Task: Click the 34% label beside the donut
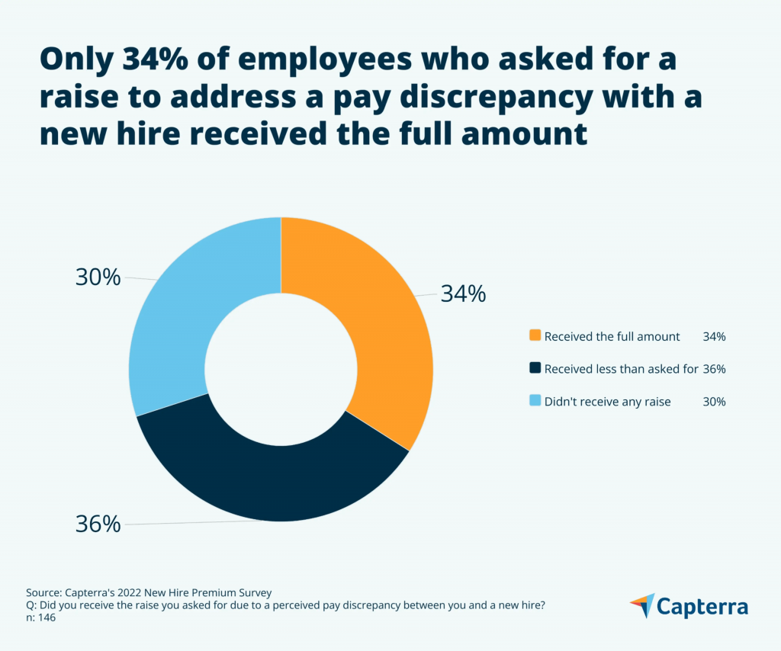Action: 463,294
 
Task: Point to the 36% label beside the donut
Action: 98,524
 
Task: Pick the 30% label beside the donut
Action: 98,277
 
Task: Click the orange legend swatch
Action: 535,335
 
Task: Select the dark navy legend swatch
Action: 535,368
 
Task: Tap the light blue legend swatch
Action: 535,401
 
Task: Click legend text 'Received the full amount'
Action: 612,336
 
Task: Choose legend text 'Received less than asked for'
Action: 621,369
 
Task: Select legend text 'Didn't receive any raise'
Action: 607,402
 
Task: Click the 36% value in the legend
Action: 714,369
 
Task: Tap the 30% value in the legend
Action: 714,402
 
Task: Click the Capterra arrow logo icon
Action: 642,605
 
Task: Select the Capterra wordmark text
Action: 702,607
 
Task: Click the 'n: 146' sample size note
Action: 40,618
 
